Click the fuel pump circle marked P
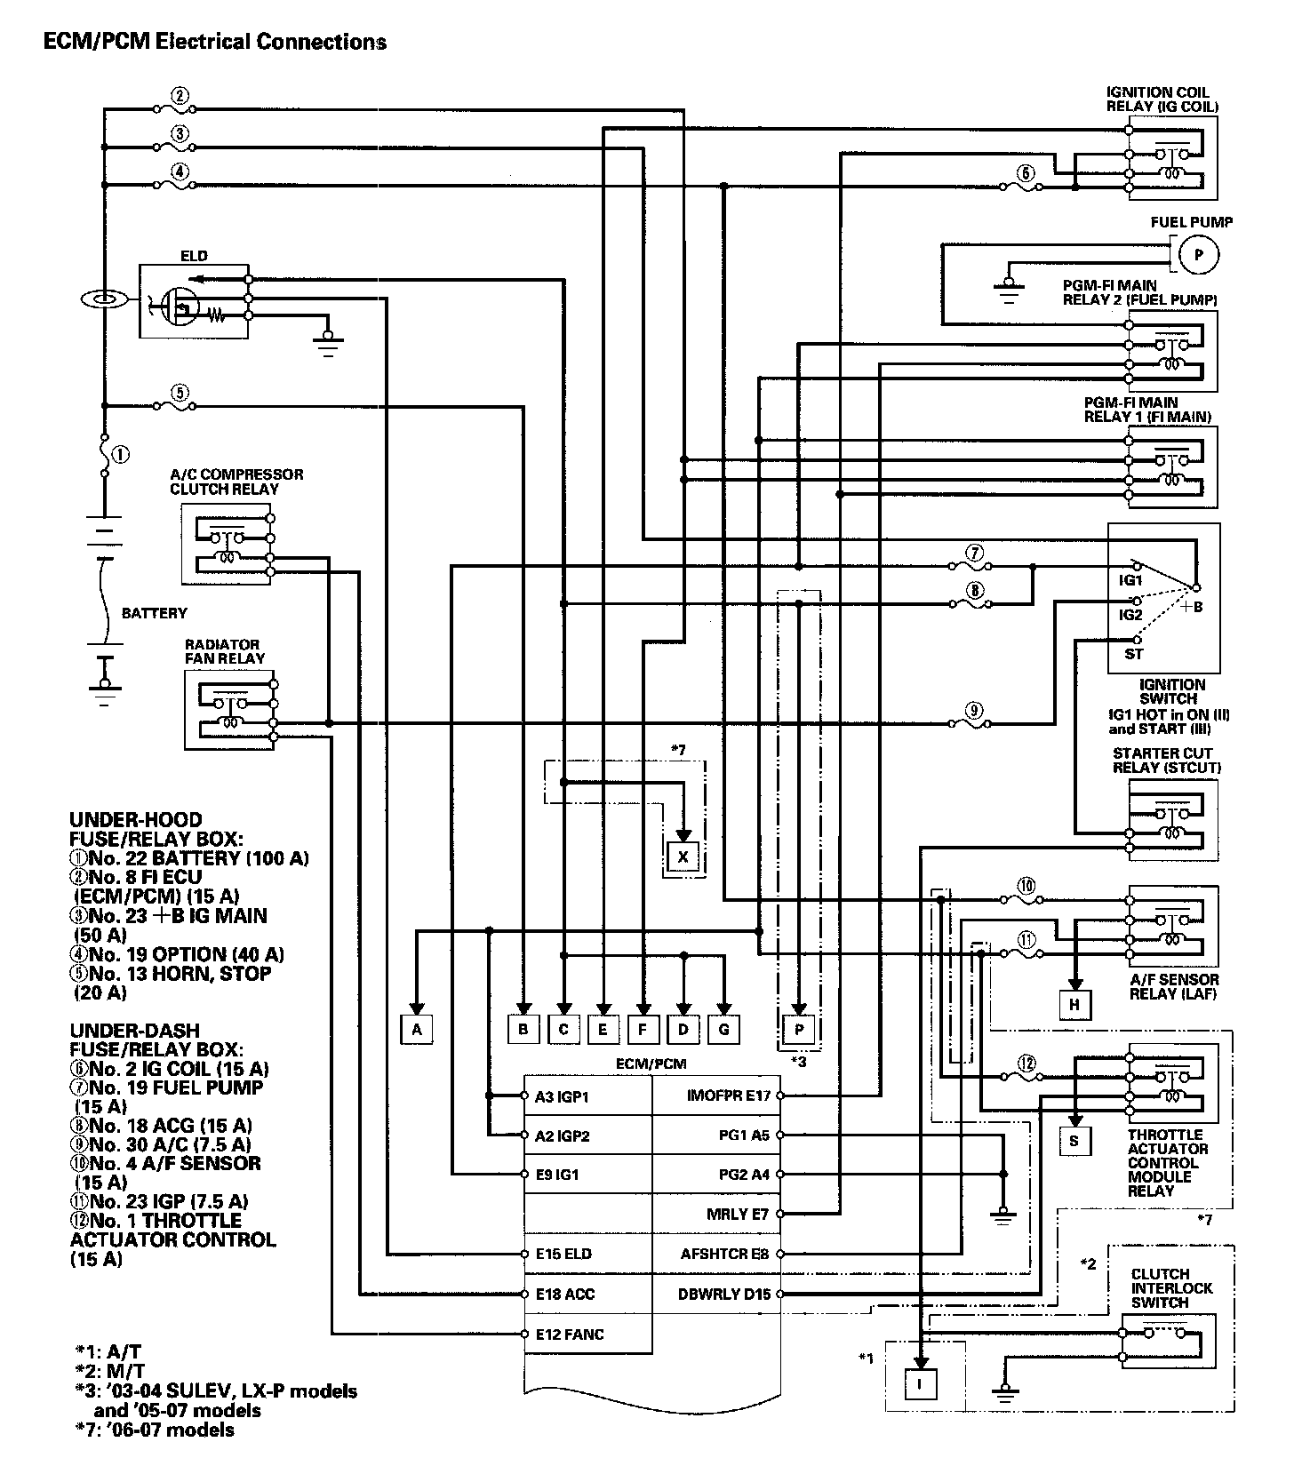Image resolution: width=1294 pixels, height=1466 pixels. coord(1198,255)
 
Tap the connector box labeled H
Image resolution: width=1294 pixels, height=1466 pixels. coord(1075,1005)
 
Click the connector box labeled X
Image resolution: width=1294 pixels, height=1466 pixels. coord(683,856)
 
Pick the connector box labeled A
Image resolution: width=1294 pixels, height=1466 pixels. coord(416,1030)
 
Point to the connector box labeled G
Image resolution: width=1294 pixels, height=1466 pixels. coord(723,1030)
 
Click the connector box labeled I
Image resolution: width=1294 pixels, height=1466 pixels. coord(921,1384)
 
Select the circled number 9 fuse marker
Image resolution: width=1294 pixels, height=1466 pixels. coord(975,710)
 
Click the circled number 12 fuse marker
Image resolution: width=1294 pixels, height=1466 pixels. coord(1026,1063)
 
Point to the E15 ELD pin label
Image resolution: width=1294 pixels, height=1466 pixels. coord(563,1254)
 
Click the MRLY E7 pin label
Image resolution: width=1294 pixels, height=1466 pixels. coord(738,1214)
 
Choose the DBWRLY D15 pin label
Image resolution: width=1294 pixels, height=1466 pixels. coord(724,1294)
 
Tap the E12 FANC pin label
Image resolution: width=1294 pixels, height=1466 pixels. coord(570,1334)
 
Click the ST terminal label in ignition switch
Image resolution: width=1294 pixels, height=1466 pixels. coord(1134,654)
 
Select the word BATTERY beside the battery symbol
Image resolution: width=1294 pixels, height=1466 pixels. coord(155,613)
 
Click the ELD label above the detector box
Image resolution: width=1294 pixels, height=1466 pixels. coord(194,256)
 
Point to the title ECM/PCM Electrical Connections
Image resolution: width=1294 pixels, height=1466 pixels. coord(215,41)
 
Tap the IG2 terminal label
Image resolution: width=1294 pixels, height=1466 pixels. coord(1130,614)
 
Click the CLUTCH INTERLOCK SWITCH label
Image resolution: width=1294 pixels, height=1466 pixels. coord(1171,1287)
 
